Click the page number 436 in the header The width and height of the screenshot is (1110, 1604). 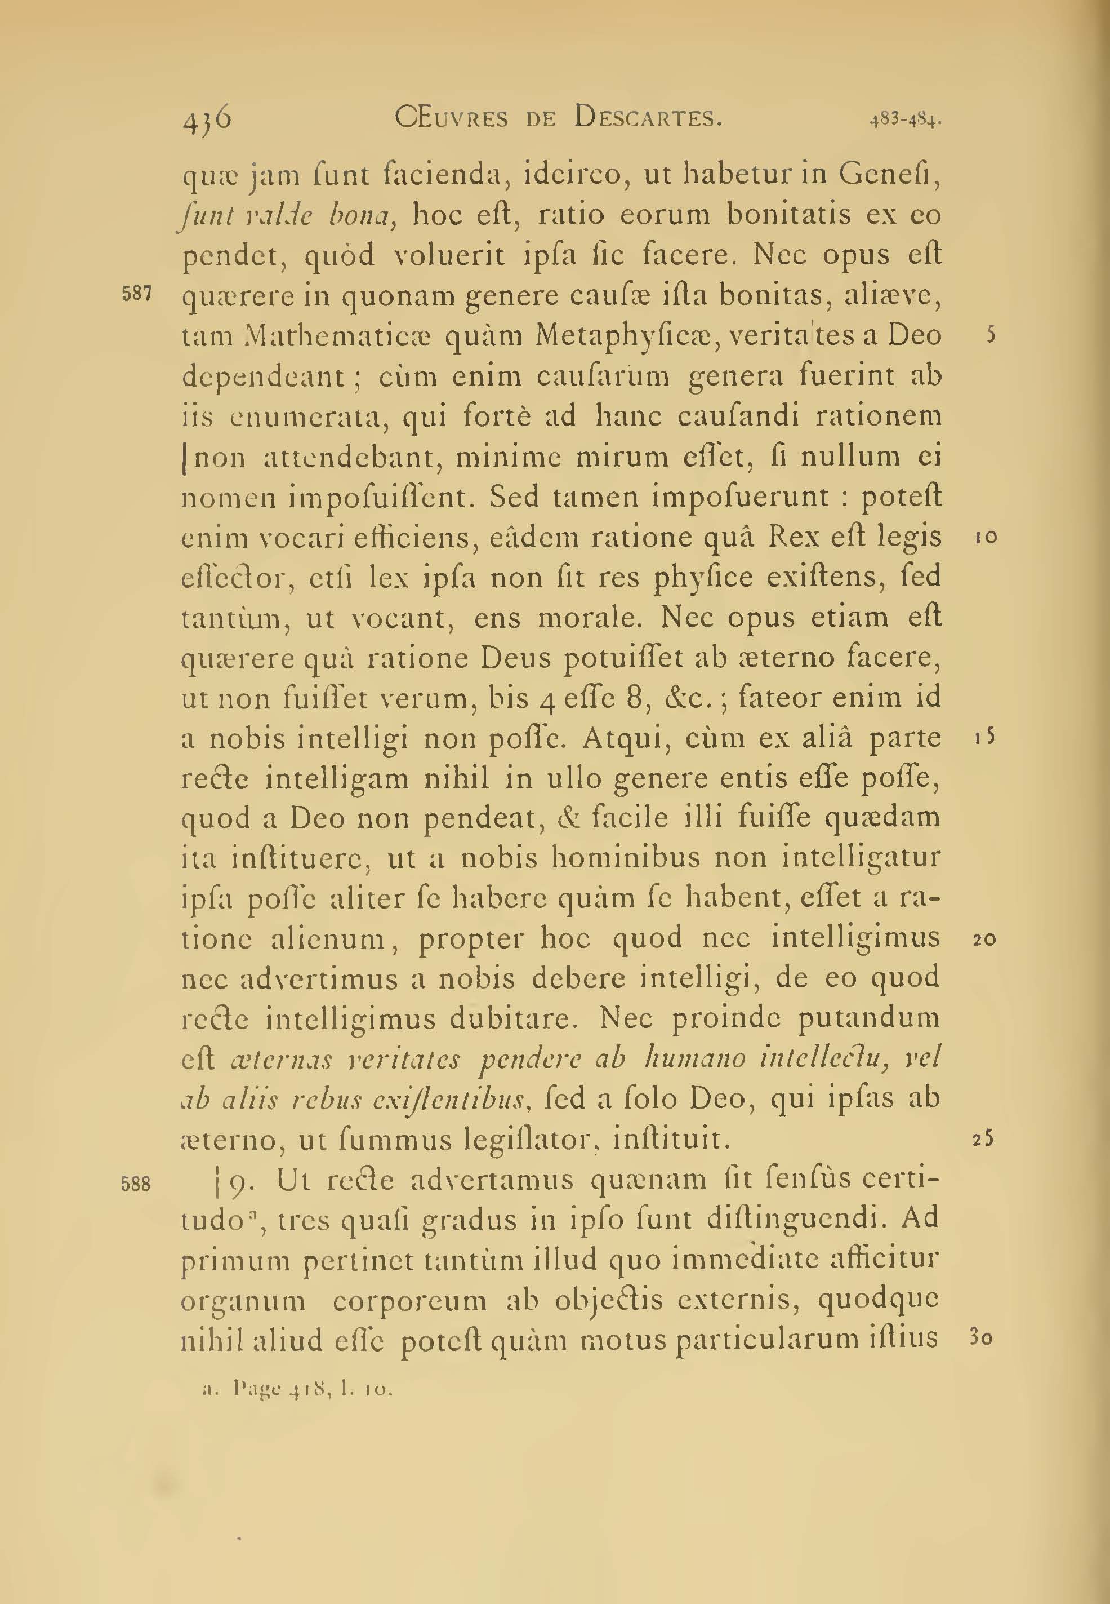point(207,118)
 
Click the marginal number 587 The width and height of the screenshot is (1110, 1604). point(136,294)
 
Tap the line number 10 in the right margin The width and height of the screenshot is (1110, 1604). point(986,537)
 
